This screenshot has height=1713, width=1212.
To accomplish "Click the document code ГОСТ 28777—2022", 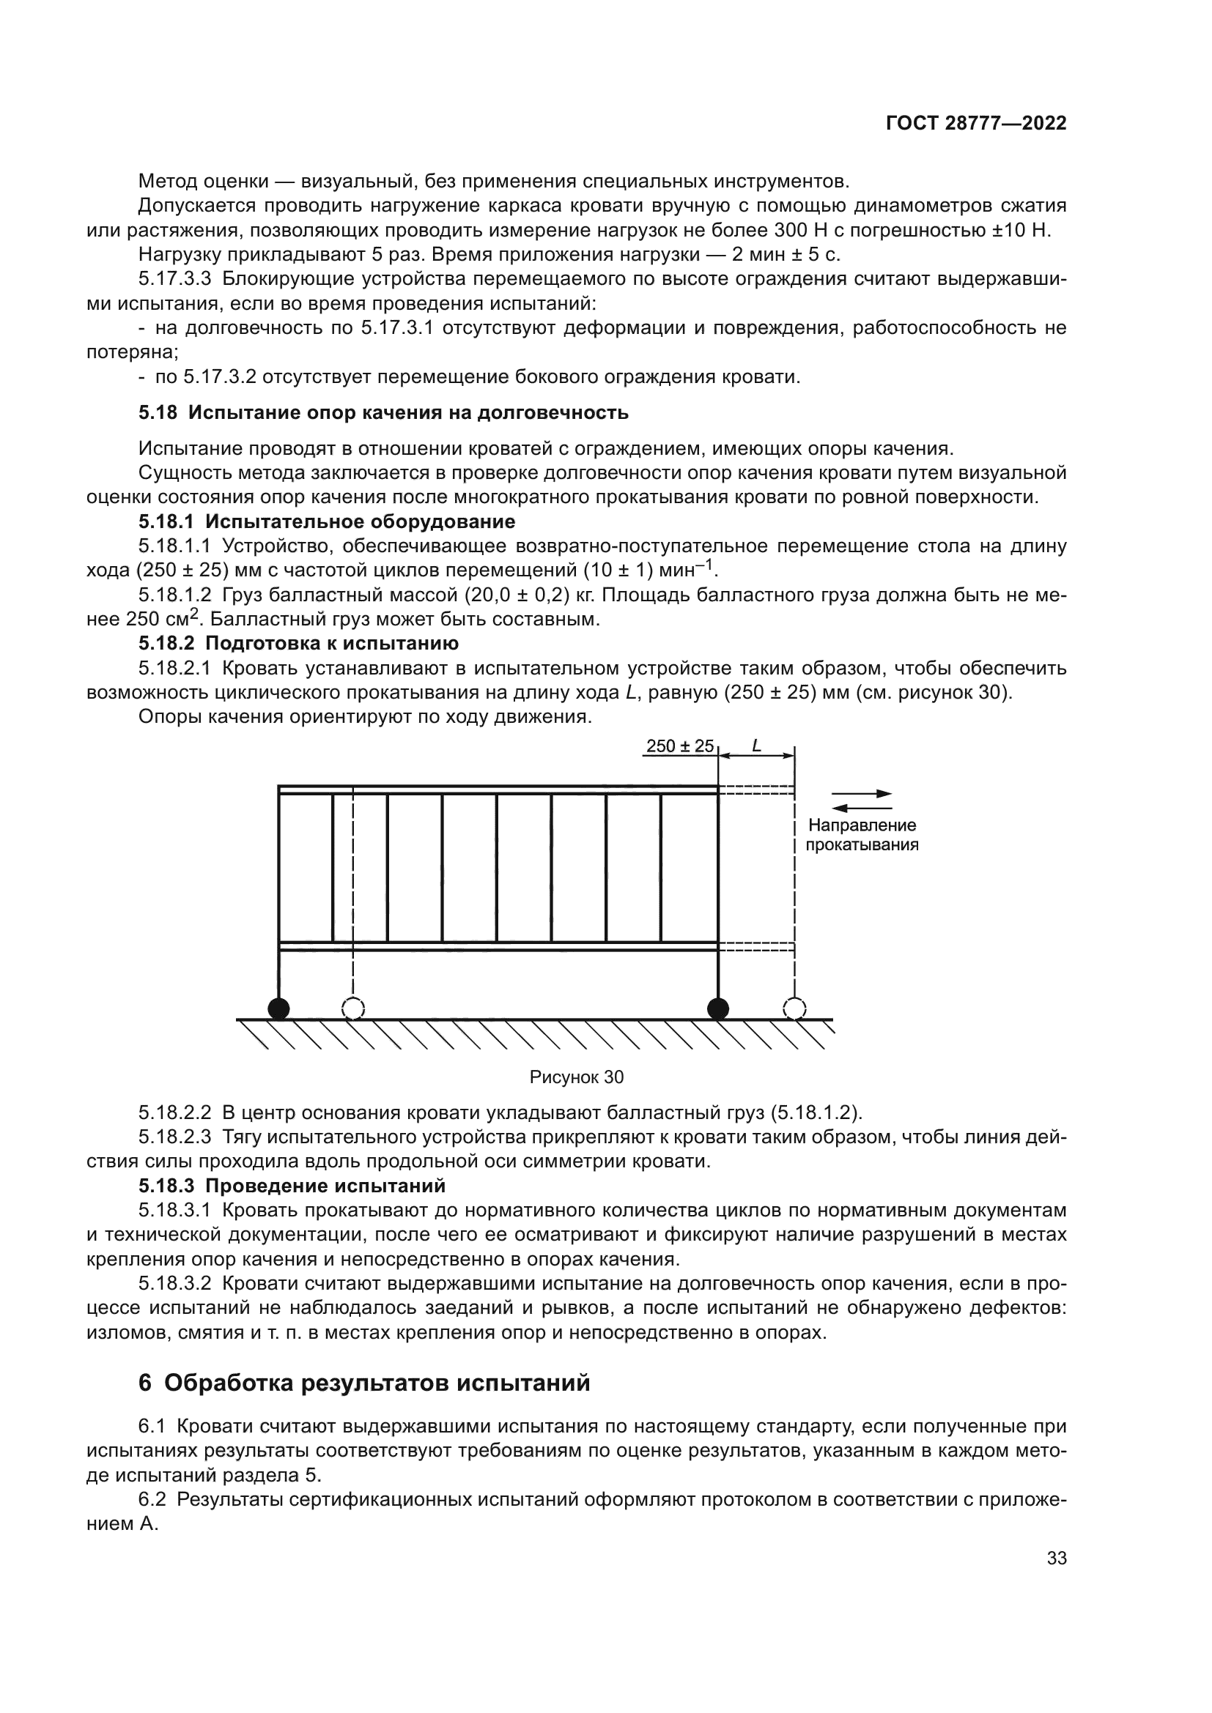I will [x=975, y=124].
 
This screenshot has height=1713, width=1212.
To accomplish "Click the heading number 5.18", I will [x=158, y=412].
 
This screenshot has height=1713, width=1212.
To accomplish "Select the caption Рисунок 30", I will [x=576, y=1077].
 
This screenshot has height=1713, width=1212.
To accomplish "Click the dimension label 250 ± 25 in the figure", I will [x=679, y=746].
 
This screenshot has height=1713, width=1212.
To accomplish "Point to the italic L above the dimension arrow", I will [x=756, y=746].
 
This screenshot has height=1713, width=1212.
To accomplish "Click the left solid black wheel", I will [x=278, y=1009].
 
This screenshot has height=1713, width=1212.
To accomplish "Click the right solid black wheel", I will [x=718, y=1009].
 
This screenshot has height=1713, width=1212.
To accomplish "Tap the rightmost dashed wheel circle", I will [x=795, y=1009].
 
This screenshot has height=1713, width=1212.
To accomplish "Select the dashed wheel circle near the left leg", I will [x=353, y=1009].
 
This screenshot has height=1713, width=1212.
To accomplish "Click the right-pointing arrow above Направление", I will [x=862, y=794].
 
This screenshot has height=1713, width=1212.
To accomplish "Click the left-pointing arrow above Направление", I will [x=861, y=808].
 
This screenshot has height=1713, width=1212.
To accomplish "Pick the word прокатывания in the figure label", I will [x=862, y=845].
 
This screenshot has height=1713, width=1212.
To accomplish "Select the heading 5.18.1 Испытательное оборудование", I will [x=327, y=521].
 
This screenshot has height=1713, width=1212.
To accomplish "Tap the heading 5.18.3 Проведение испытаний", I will [x=292, y=1186].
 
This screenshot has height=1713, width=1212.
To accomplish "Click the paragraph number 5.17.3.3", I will [x=175, y=279].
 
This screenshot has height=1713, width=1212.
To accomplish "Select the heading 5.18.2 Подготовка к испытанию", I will [x=298, y=643].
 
